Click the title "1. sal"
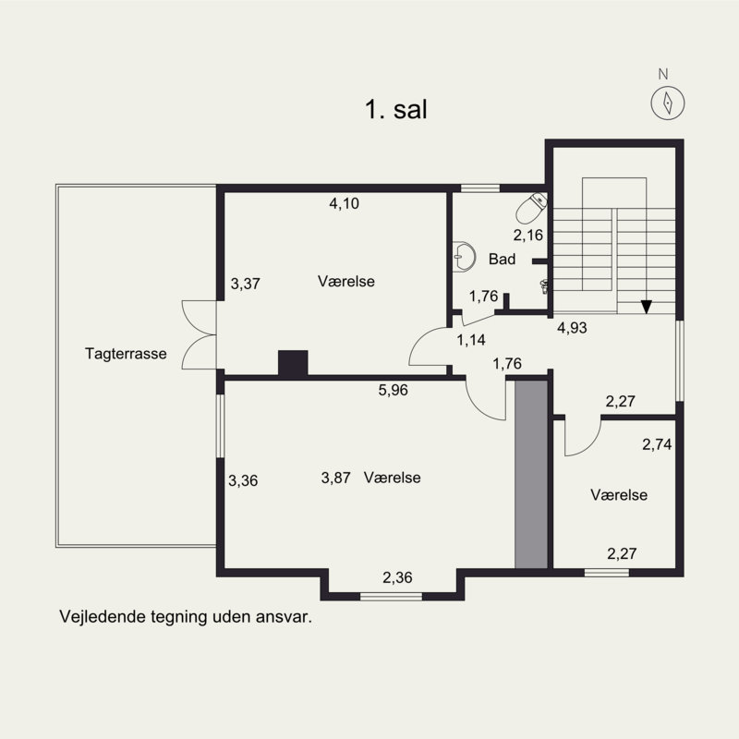coord(394,111)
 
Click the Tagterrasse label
coord(126,353)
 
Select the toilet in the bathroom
coord(532,208)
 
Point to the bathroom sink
coord(465,257)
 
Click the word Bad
coord(502,260)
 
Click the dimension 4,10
coord(344,204)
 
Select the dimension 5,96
coord(393,390)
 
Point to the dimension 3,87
coord(336,478)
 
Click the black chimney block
coord(293,363)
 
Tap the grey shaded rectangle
coord(531,475)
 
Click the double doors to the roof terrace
coord(198,334)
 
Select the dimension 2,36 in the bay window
coord(397,578)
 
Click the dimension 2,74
coord(657,444)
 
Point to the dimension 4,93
coord(573,326)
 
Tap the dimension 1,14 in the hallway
coord(471,340)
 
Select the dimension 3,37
coord(245,284)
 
